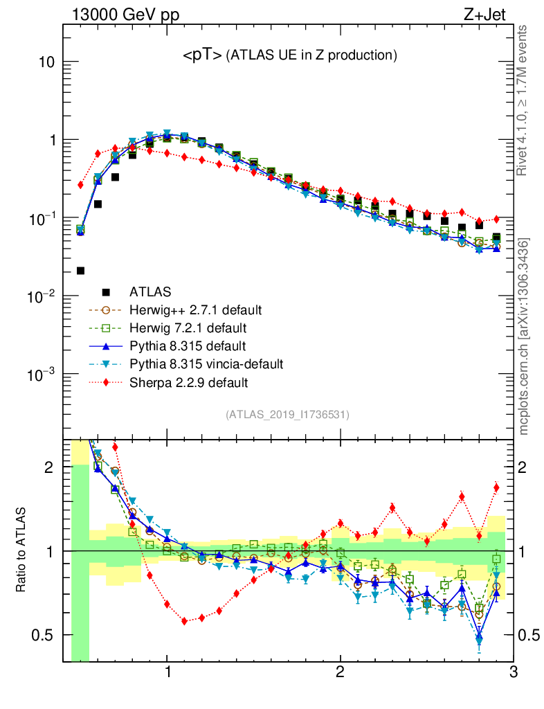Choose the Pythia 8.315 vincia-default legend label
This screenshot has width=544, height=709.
coord(207,364)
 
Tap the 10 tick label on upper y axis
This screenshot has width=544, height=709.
coord(45,62)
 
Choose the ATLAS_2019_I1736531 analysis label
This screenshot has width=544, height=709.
coord(287,415)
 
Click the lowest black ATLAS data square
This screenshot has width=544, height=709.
coord(80,271)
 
